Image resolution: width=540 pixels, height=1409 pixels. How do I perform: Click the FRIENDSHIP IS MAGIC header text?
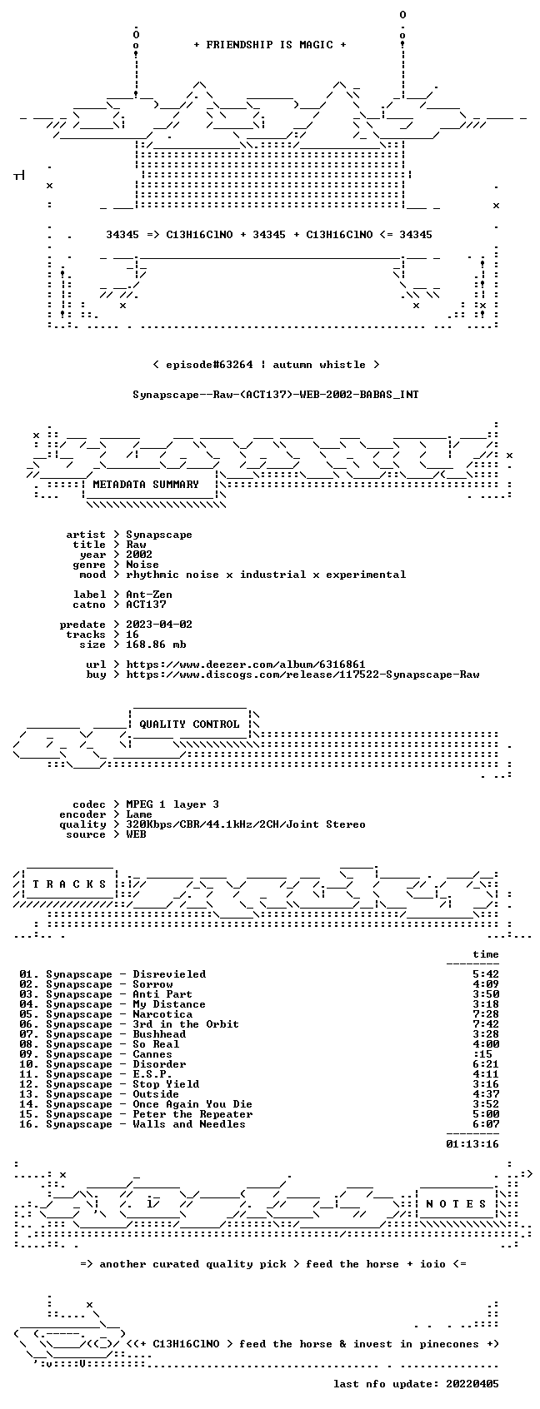(269, 45)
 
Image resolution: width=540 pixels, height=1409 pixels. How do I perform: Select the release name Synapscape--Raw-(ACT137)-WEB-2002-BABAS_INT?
(275, 395)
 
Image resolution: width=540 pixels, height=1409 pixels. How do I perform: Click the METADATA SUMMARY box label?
(145, 485)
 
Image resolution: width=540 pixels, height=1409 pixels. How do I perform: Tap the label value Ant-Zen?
(149, 595)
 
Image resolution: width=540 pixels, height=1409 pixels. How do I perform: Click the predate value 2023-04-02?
(159, 625)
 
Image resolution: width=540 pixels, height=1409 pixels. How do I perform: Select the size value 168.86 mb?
(156, 645)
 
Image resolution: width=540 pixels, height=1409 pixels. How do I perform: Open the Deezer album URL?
(246, 665)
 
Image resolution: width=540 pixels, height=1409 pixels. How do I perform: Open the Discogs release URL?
(302, 675)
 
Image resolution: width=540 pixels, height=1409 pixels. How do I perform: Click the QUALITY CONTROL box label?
(189, 724)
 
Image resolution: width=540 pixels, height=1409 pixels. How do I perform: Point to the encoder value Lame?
(139, 814)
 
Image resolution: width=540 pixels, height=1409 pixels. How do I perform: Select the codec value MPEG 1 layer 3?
(172, 804)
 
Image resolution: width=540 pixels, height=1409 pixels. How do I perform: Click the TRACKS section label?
(70, 884)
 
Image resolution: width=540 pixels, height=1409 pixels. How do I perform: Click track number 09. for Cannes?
(29, 1054)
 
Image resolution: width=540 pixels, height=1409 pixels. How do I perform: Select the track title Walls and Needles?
(189, 1124)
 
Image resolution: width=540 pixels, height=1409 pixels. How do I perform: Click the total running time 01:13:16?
(472, 1144)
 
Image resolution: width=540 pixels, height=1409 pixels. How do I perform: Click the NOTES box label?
(457, 1204)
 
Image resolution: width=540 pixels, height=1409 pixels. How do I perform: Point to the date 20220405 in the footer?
(472, 1384)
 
